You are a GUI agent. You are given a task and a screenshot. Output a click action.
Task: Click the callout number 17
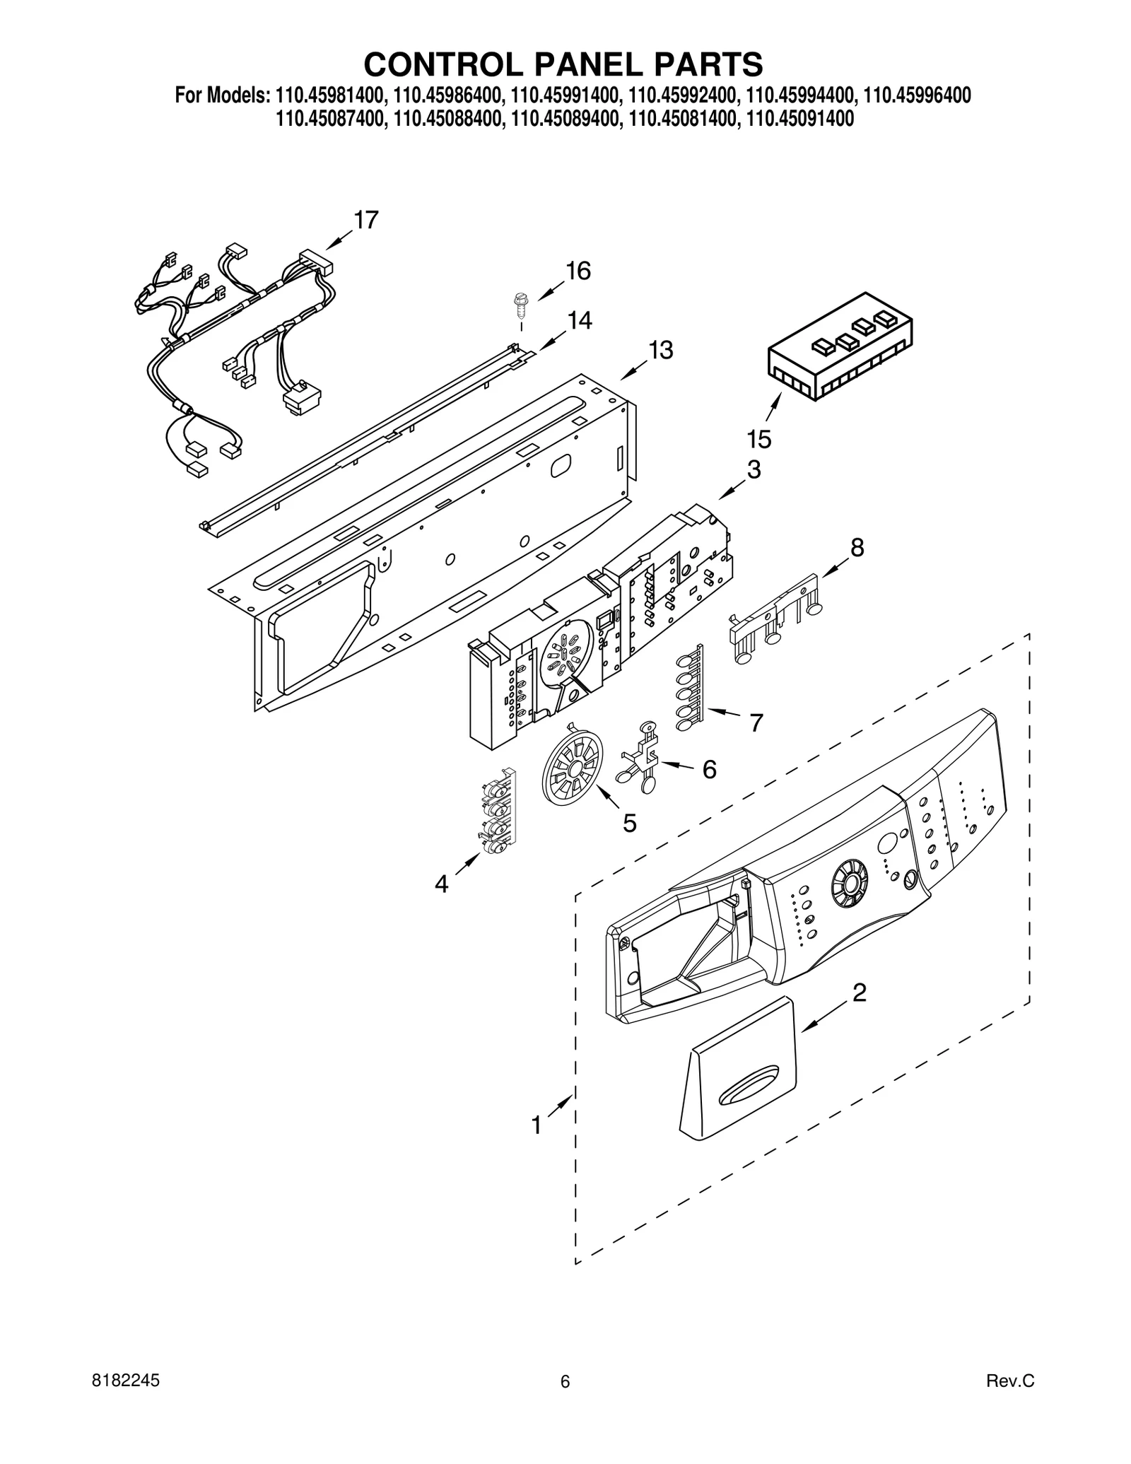(x=365, y=220)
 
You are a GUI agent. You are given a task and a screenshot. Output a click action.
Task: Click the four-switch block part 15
(x=840, y=347)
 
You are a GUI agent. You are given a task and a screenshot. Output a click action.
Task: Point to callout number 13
(x=661, y=350)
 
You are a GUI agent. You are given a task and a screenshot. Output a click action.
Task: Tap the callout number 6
(x=709, y=769)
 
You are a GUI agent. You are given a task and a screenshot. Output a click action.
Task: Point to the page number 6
(x=565, y=1401)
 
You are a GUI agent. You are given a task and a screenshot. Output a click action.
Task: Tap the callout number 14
(x=579, y=321)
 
